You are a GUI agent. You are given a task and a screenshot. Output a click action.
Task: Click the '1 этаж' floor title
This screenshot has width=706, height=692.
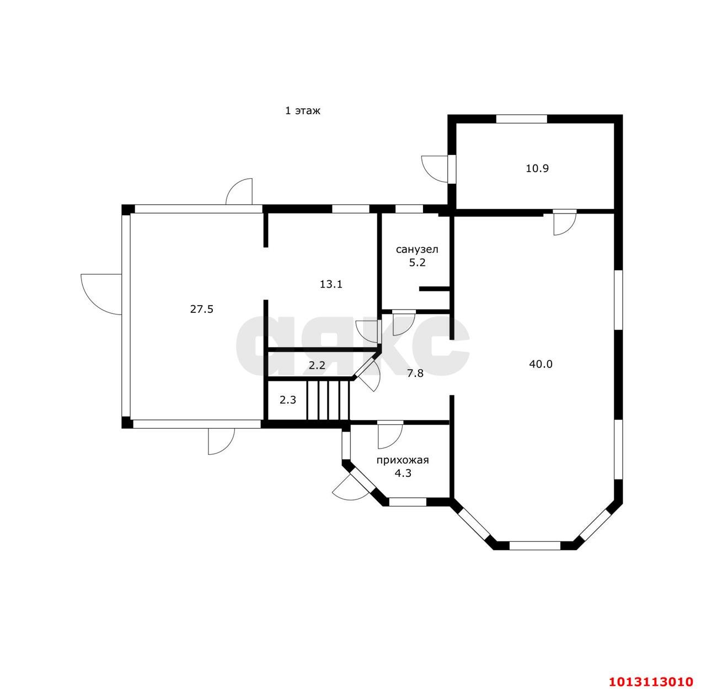point(303,111)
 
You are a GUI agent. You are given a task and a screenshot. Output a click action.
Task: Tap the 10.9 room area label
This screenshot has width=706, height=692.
point(537,168)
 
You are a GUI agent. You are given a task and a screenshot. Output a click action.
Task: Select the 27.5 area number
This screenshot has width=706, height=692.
point(201,309)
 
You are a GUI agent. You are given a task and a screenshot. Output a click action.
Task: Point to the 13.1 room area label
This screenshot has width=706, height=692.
point(331,284)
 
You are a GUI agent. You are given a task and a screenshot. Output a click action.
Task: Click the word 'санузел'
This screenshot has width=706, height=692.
point(417,250)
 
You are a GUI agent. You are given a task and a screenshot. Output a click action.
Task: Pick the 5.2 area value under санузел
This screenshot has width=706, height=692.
point(418,263)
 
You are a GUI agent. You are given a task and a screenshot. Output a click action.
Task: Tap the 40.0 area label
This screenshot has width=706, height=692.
point(541,364)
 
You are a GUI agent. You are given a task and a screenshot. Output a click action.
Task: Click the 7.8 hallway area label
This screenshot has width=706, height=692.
point(415,374)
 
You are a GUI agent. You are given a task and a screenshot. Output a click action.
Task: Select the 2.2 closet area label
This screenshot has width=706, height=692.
point(317,365)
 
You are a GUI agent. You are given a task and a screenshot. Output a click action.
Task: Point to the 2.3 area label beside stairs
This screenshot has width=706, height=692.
point(287,400)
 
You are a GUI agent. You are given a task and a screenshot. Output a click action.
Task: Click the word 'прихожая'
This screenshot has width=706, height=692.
point(403,460)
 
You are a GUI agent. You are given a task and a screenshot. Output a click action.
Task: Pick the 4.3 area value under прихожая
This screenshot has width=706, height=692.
point(403,473)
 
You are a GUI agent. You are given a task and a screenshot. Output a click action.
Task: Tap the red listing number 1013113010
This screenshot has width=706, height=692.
point(651,682)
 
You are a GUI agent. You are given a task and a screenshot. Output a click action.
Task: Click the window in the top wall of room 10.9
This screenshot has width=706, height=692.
point(521,119)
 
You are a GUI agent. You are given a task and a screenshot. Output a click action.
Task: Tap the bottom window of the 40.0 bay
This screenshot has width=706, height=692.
point(535,545)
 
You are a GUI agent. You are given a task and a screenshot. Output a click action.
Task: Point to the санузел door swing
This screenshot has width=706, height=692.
point(404,323)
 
